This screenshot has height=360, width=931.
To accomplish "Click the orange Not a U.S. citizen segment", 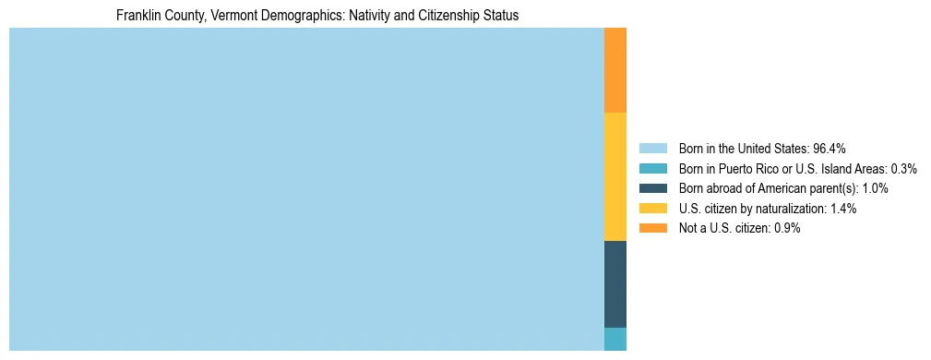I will click(x=615, y=70).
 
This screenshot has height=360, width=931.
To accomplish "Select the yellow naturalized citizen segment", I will click(x=615, y=176).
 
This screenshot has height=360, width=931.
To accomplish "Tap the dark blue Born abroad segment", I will click(x=615, y=284).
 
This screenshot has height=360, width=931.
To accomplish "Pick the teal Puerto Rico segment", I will click(x=615, y=339).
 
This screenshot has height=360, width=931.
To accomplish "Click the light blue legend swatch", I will click(x=652, y=149).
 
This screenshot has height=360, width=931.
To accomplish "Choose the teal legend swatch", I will click(x=652, y=169).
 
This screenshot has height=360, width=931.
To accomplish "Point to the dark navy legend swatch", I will click(x=652, y=188).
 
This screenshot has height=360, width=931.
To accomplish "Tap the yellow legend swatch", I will click(x=652, y=209).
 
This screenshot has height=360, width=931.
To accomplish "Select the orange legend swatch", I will click(x=652, y=228).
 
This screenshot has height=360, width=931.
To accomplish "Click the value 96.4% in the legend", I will click(x=830, y=149).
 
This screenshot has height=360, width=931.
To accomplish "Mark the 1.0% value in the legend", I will click(x=875, y=188).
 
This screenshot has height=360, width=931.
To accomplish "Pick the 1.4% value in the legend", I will click(x=842, y=209).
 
